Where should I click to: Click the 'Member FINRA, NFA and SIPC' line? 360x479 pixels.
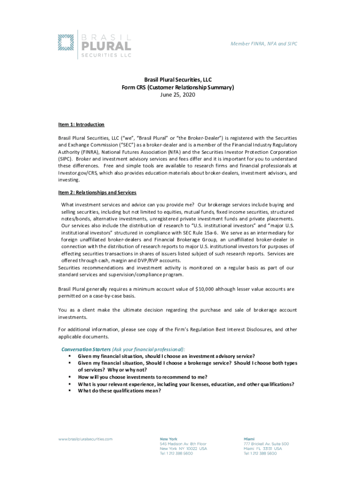[264, 44]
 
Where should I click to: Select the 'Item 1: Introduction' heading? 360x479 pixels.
[81, 124]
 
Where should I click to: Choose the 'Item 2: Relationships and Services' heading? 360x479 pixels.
[97, 192]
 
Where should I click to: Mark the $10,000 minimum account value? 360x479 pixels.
[200, 289]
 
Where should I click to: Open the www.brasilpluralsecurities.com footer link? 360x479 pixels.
[86, 439]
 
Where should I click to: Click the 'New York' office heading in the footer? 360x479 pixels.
[169, 439]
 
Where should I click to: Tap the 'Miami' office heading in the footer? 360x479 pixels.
[249, 439]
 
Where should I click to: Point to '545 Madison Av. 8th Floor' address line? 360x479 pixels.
[183, 444]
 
